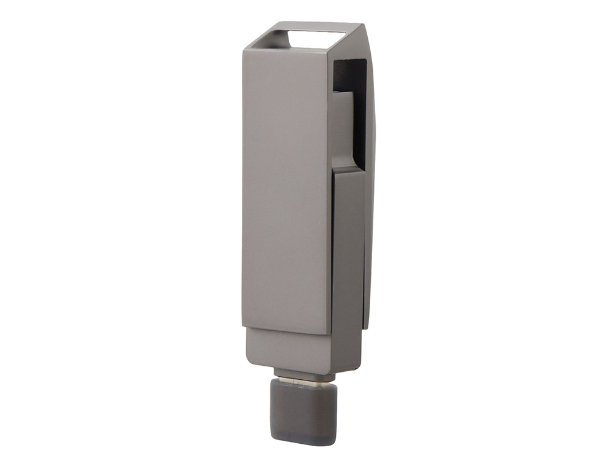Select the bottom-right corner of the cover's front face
[330, 333]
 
